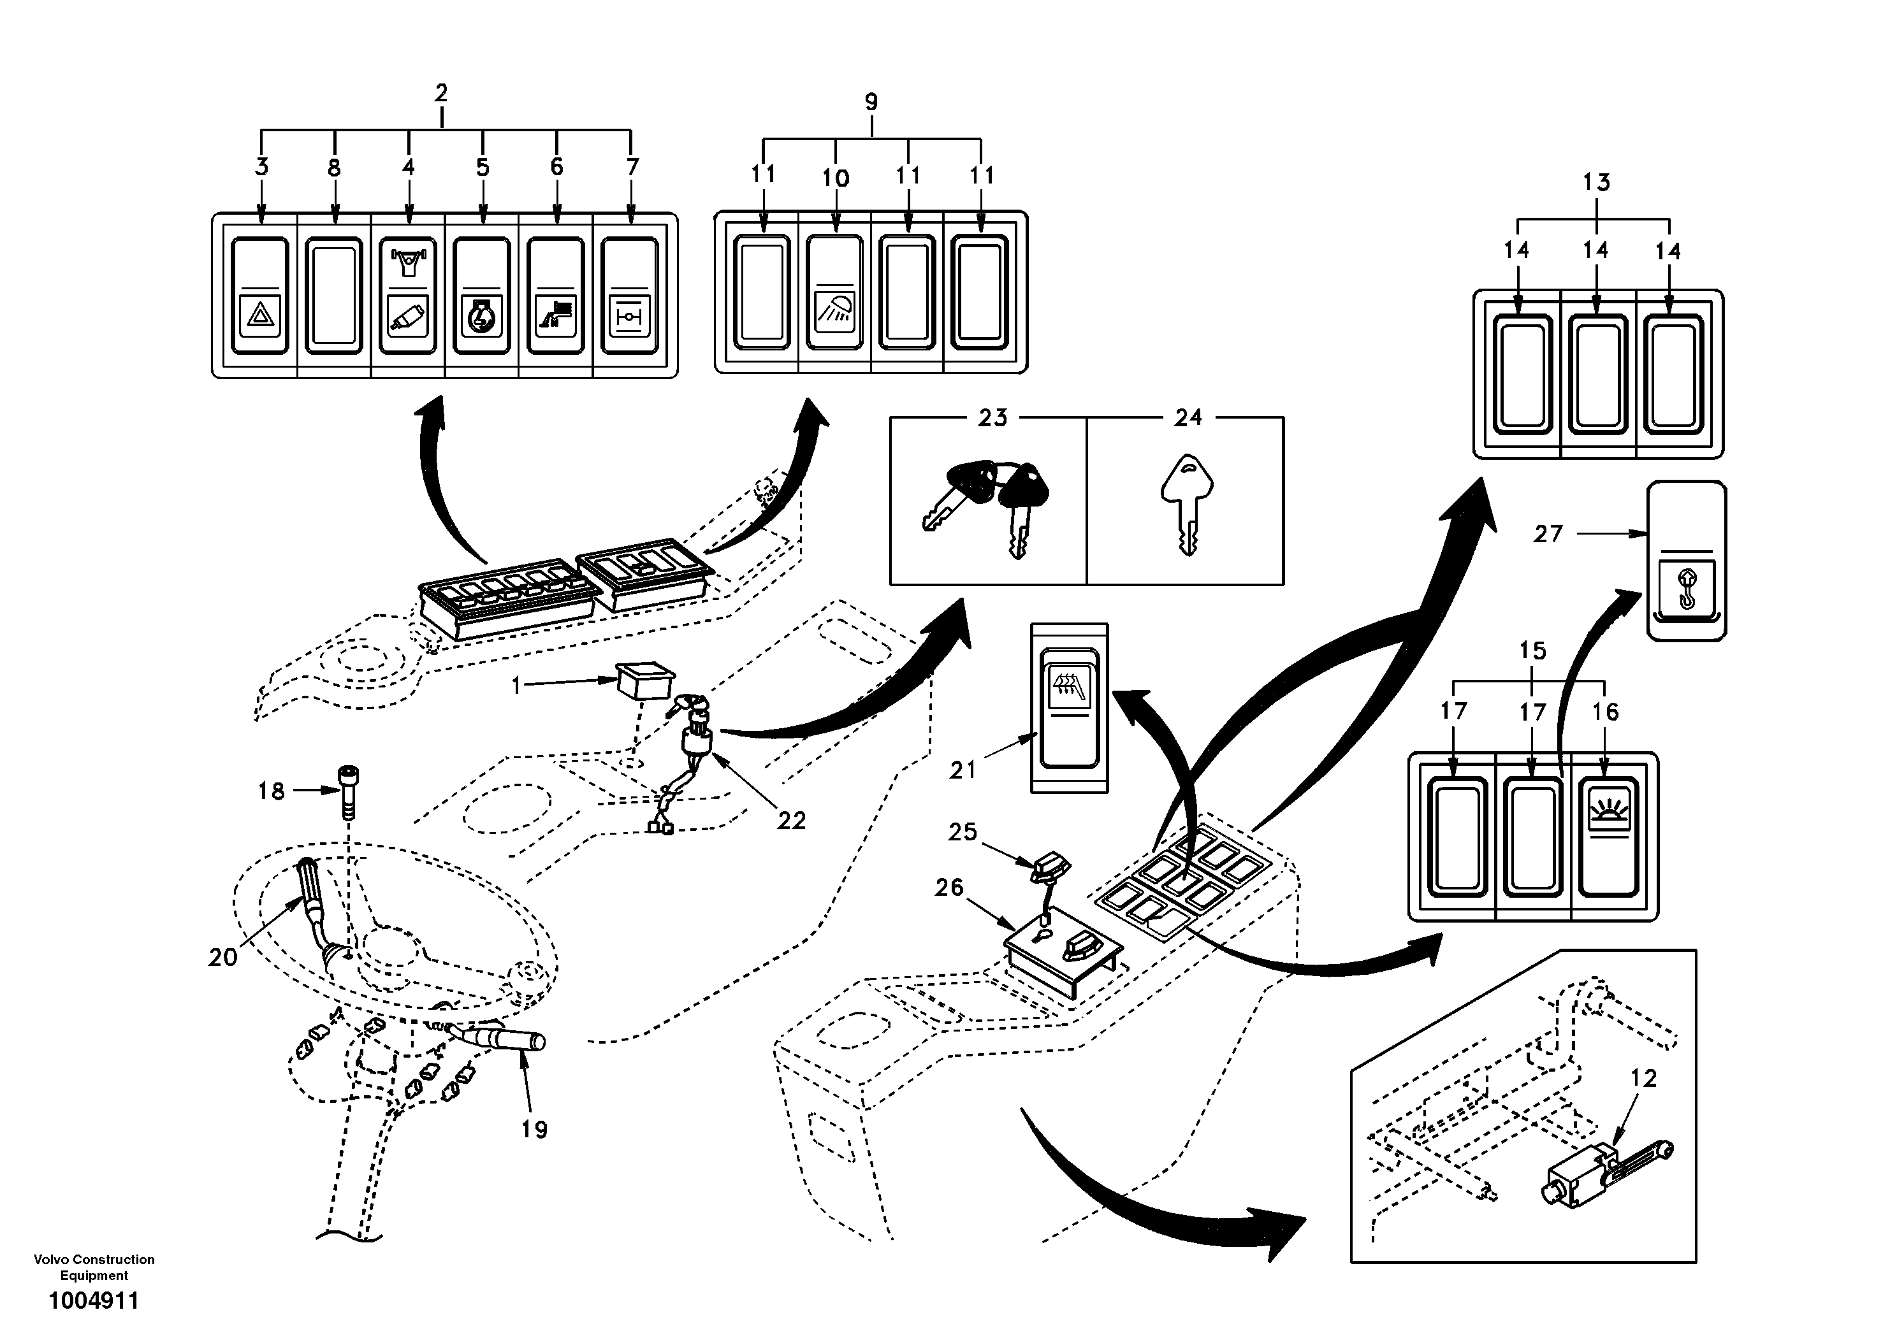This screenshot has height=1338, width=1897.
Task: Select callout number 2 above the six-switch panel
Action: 441,93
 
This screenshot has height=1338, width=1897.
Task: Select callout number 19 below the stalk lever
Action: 535,1129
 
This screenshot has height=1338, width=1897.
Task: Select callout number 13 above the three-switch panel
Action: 1596,182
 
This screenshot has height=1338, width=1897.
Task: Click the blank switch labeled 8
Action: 334,295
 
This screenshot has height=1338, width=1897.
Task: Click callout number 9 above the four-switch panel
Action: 871,103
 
